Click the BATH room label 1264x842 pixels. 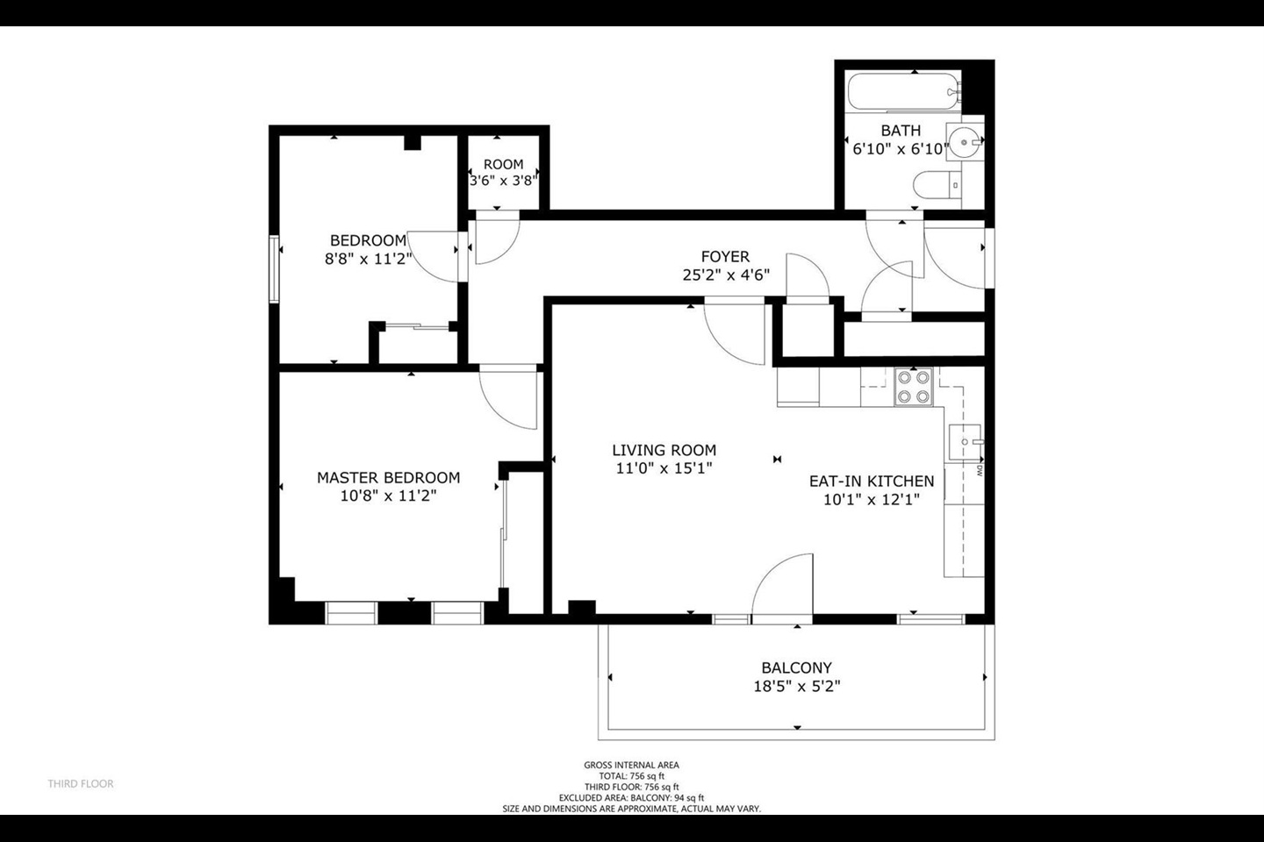[x=901, y=131]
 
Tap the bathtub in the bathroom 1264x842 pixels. [x=902, y=91]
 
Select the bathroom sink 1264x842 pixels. [x=968, y=139]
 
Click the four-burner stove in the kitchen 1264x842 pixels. [x=912, y=388]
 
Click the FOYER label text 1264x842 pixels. [x=725, y=257]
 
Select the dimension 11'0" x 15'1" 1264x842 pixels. [x=664, y=468]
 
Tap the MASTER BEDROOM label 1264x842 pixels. [x=388, y=478]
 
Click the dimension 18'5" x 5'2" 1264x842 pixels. [x=796, y=687]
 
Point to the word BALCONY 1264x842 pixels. [x=796, y=667]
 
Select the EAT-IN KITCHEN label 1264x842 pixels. [x=871, y=482]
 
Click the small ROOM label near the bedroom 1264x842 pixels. [x=503, y=164]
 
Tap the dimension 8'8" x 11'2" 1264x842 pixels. [x=368, y=259]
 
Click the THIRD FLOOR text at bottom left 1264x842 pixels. [x=81, y=783]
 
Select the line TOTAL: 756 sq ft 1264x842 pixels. [x=631, y=776]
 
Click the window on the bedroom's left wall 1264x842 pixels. [x=275, y=269]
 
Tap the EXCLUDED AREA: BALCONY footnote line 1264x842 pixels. [x=631, y=798]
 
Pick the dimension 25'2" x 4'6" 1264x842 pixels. [x=726, y=275]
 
